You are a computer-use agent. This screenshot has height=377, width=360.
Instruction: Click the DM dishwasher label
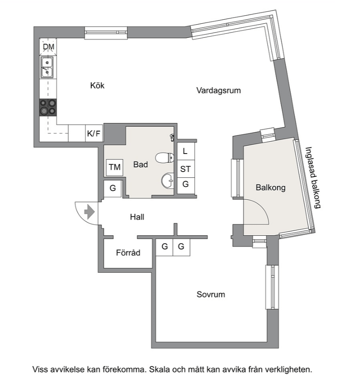[x=48, y=47]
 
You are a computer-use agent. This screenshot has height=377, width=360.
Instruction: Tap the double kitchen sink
[x=47, y=67]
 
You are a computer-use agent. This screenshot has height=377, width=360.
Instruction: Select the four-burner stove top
[x=48, y=107]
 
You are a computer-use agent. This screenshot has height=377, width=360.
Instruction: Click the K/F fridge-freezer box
[x=94, y=133]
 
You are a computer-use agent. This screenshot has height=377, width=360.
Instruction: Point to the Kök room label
[x=97, y=85]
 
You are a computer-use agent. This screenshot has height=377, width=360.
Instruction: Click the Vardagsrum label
[x=218, y=91]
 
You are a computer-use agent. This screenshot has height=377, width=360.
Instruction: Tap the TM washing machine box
[x=115, y=167]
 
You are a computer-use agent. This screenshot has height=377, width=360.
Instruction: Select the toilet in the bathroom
[x=165, y=158]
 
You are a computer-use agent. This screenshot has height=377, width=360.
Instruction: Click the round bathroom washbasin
[x=167, y=180]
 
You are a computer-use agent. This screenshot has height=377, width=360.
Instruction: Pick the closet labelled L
[x=186, y=151]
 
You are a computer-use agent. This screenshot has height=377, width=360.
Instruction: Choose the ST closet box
[x=186, y=169]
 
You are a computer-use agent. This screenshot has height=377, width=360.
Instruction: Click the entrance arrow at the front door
[x=90, y=212]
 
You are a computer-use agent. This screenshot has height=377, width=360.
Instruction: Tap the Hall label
[x=137, y=217]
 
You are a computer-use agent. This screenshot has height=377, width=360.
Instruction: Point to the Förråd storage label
[x=128, y=253]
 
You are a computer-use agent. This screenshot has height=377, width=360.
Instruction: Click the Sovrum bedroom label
[x=211, y=295]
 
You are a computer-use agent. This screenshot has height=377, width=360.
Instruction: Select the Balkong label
[x=270, y=187]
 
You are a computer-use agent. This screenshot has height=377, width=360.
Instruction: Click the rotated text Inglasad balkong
[x=313, y=177]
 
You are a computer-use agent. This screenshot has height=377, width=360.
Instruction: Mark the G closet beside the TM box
[x=113, y=188]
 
